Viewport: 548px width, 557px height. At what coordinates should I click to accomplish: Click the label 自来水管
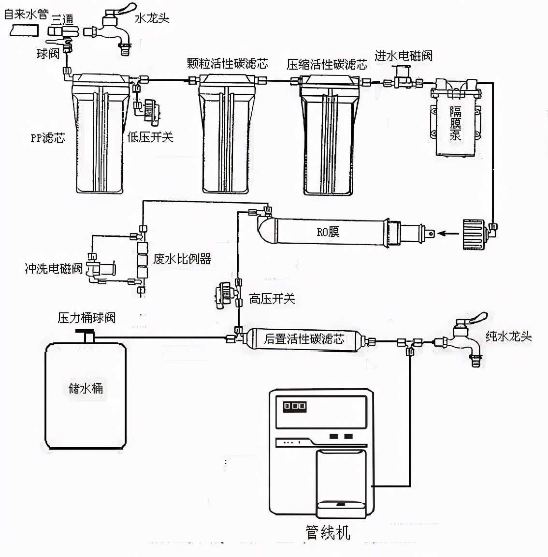(26, 15)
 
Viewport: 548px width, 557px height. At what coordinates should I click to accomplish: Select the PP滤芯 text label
(47, 138)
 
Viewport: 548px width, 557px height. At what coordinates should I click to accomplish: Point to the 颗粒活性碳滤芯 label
(227, 63)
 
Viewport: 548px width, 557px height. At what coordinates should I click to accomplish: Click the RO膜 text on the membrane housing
(328, 232)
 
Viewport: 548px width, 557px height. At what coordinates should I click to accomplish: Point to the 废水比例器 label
(182, 259)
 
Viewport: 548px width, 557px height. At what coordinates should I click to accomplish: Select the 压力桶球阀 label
(87, 318)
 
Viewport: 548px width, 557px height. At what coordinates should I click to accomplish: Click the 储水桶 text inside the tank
(86, 388)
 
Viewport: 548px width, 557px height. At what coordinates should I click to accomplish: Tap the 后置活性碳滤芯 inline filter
(303, 339)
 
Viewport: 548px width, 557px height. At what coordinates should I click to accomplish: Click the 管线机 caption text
(328, 532)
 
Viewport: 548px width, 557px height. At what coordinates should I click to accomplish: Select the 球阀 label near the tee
(47, 54)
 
